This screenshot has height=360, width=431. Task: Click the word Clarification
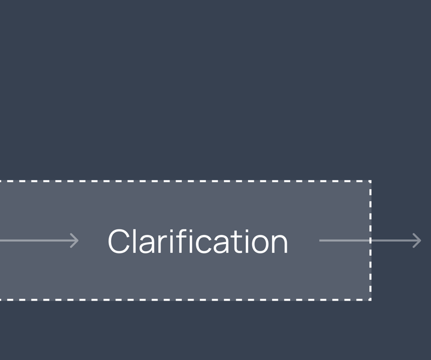(198, 241)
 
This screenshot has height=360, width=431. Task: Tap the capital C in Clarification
(119, 242)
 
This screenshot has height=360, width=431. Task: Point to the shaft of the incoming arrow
(34, 241)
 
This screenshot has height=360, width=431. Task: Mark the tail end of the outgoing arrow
(321, 241)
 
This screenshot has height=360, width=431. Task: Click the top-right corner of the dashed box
(370, 181)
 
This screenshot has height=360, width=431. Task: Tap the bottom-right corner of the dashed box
(370, 299)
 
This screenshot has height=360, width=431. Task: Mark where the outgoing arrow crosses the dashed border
(370, 241)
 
